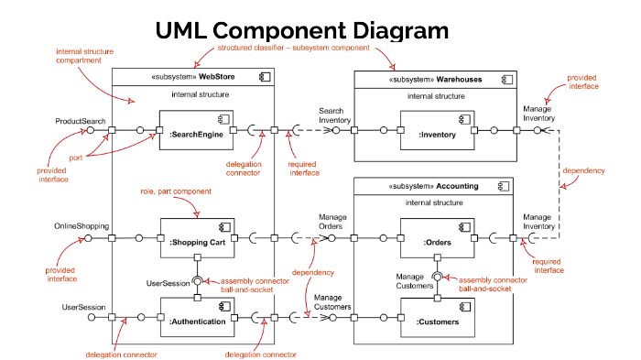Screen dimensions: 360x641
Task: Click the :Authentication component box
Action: pyautogui.click(x=196, y=317)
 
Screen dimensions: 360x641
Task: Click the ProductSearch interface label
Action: pyautogui.click(x=81, y=120)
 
